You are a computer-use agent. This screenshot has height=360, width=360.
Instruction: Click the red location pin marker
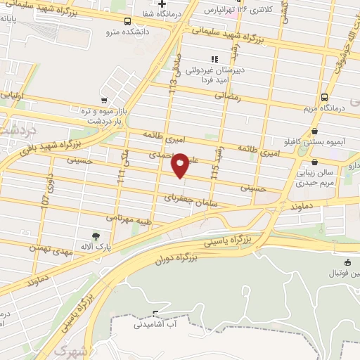180,165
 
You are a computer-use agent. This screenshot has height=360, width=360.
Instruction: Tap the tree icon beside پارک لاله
96,236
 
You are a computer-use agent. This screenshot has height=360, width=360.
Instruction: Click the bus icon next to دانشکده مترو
127,21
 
